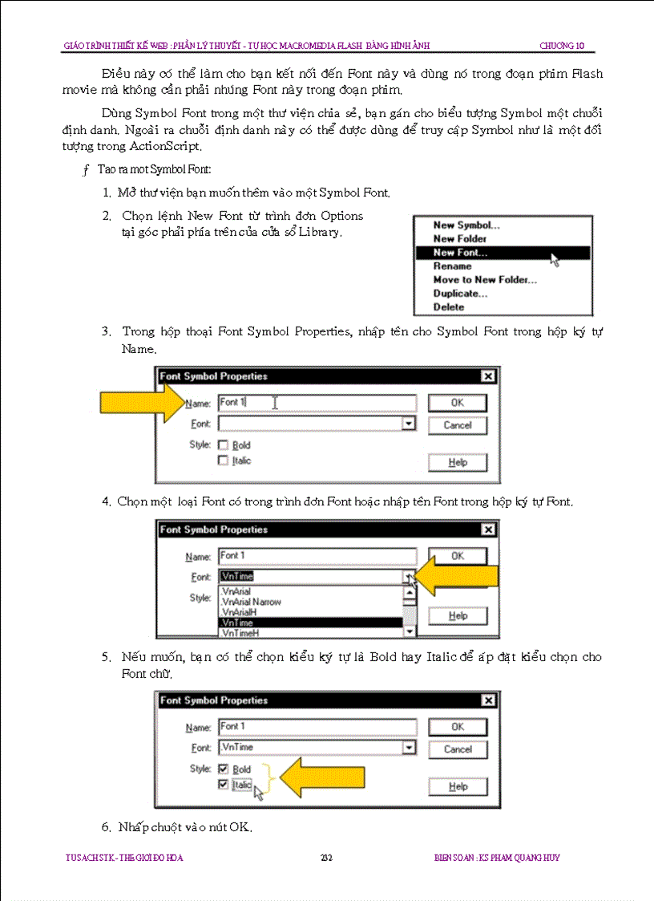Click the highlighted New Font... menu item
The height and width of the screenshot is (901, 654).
461,253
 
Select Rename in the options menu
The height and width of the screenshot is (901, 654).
453,266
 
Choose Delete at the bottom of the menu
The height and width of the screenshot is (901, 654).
449,307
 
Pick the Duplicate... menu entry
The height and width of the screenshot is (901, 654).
461,294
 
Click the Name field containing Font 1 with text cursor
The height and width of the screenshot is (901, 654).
317,403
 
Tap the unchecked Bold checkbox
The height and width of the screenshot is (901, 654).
224,445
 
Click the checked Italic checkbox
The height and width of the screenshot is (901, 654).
223,785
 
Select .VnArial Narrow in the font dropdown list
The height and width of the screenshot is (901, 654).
251,602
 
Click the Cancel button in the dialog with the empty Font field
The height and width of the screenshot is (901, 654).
458,425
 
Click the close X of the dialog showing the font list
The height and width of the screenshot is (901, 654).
488,530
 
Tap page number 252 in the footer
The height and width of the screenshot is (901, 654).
326,858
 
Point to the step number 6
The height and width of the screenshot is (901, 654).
105,827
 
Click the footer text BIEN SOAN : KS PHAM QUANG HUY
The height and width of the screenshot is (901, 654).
491,858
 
